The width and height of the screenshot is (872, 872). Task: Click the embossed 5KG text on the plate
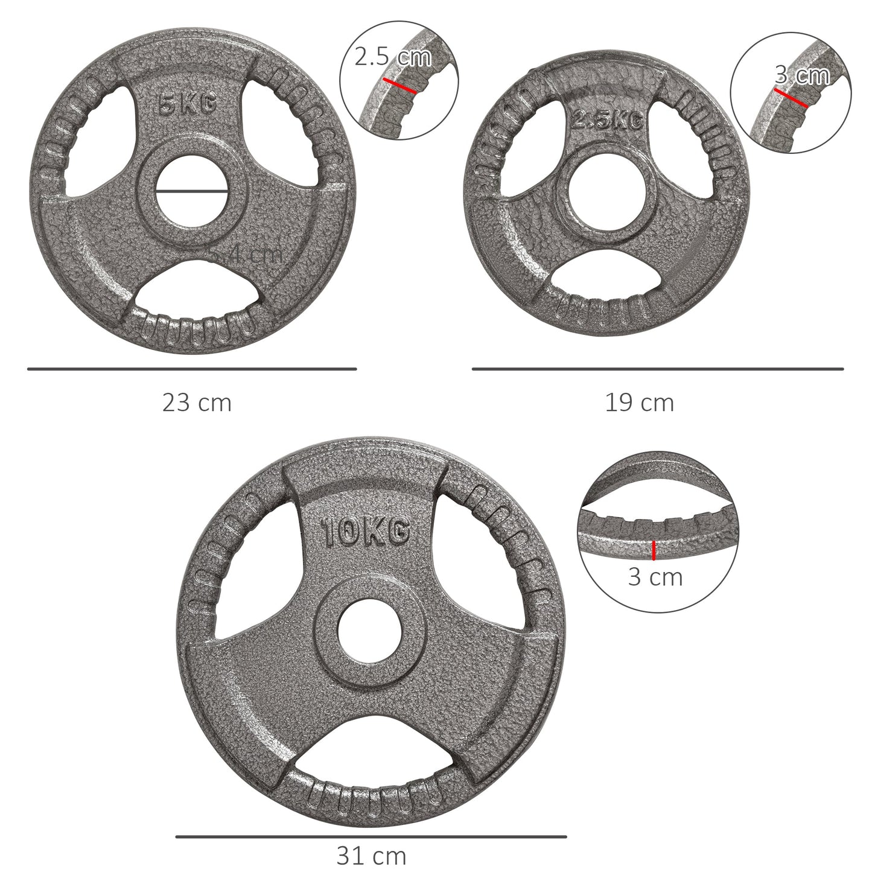click(x=186, y=105)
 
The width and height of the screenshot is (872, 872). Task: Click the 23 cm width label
click(x=197, y=403)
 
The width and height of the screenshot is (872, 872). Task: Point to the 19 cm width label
click(x=640, y=403)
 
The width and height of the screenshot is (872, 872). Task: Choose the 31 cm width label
click(x=371, y=855)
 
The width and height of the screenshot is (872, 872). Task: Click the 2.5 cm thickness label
click(x=393, y=57)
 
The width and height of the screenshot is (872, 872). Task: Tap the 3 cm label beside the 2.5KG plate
click(x=802, y=75)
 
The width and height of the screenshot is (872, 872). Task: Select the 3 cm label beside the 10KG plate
click(x=655, y=577)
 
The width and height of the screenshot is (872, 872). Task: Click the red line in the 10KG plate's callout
click(x=654, y=550)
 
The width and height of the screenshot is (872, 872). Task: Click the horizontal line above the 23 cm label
click(x=192, y=368)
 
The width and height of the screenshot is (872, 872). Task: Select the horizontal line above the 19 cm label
click(x=657, y=368)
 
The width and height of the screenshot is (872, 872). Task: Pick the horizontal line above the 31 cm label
click(x=371, y=836)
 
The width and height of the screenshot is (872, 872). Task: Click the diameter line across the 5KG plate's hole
click(x=191, y=191)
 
